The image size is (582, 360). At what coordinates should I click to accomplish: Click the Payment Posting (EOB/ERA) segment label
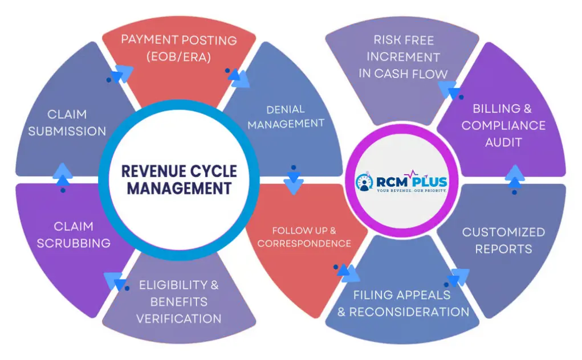179,48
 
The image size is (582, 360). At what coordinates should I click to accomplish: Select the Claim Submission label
67,123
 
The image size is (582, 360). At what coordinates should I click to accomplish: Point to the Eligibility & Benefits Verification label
178,302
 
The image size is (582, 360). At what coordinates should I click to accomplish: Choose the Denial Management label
286,116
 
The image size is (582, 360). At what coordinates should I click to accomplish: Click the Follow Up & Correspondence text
304,237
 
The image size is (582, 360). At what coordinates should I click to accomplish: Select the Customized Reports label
503,240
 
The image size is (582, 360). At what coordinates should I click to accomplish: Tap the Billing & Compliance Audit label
503,125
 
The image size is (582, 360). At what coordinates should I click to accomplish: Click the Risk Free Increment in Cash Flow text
403,57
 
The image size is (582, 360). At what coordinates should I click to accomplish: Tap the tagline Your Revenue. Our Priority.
411,191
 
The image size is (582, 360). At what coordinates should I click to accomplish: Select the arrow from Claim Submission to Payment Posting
122,73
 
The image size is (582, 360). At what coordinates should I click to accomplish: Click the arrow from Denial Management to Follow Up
293,181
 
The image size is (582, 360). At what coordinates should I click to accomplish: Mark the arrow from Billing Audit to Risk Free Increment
450,90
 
